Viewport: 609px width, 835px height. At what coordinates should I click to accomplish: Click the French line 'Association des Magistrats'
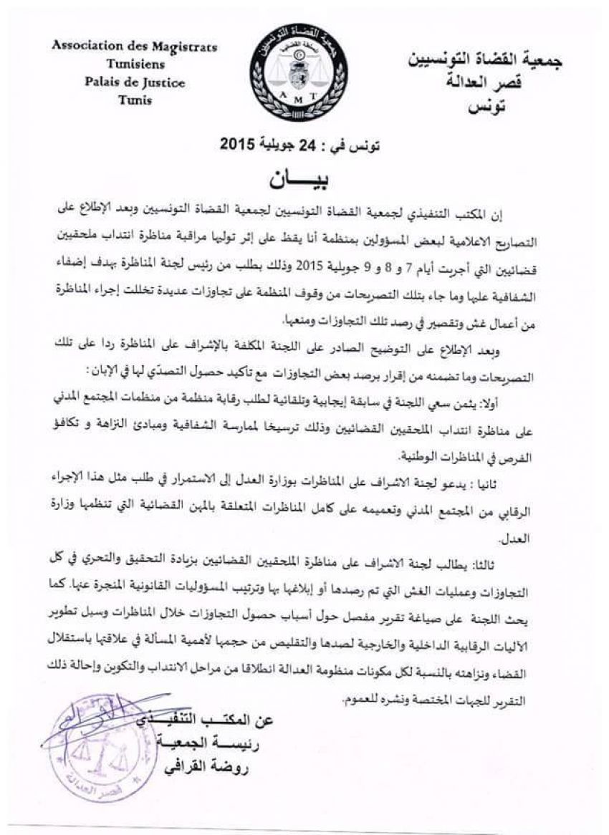pyautogui.click(x=134, y=47)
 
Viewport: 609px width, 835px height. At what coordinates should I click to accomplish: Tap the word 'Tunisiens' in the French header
pyautogui.click(x=134, y=64)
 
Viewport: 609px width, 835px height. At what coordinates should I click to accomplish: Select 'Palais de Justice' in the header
pyautogui.click(x=134, y=82)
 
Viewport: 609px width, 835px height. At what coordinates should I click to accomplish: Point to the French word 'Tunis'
pyautogui.click(x=134, y=100)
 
